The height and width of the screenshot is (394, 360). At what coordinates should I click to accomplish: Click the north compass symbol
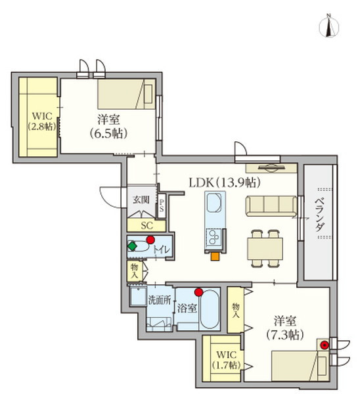click(328, 27)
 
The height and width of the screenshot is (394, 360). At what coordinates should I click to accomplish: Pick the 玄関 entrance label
click(143, 199)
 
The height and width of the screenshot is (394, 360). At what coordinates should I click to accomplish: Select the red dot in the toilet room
click(150, 240)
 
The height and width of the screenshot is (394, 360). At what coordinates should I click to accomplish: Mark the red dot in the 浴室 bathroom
click(198, 292)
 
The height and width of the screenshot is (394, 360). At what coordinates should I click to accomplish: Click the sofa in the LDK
click(271, 206)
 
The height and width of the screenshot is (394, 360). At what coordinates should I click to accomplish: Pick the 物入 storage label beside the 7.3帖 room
click(235, 309)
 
